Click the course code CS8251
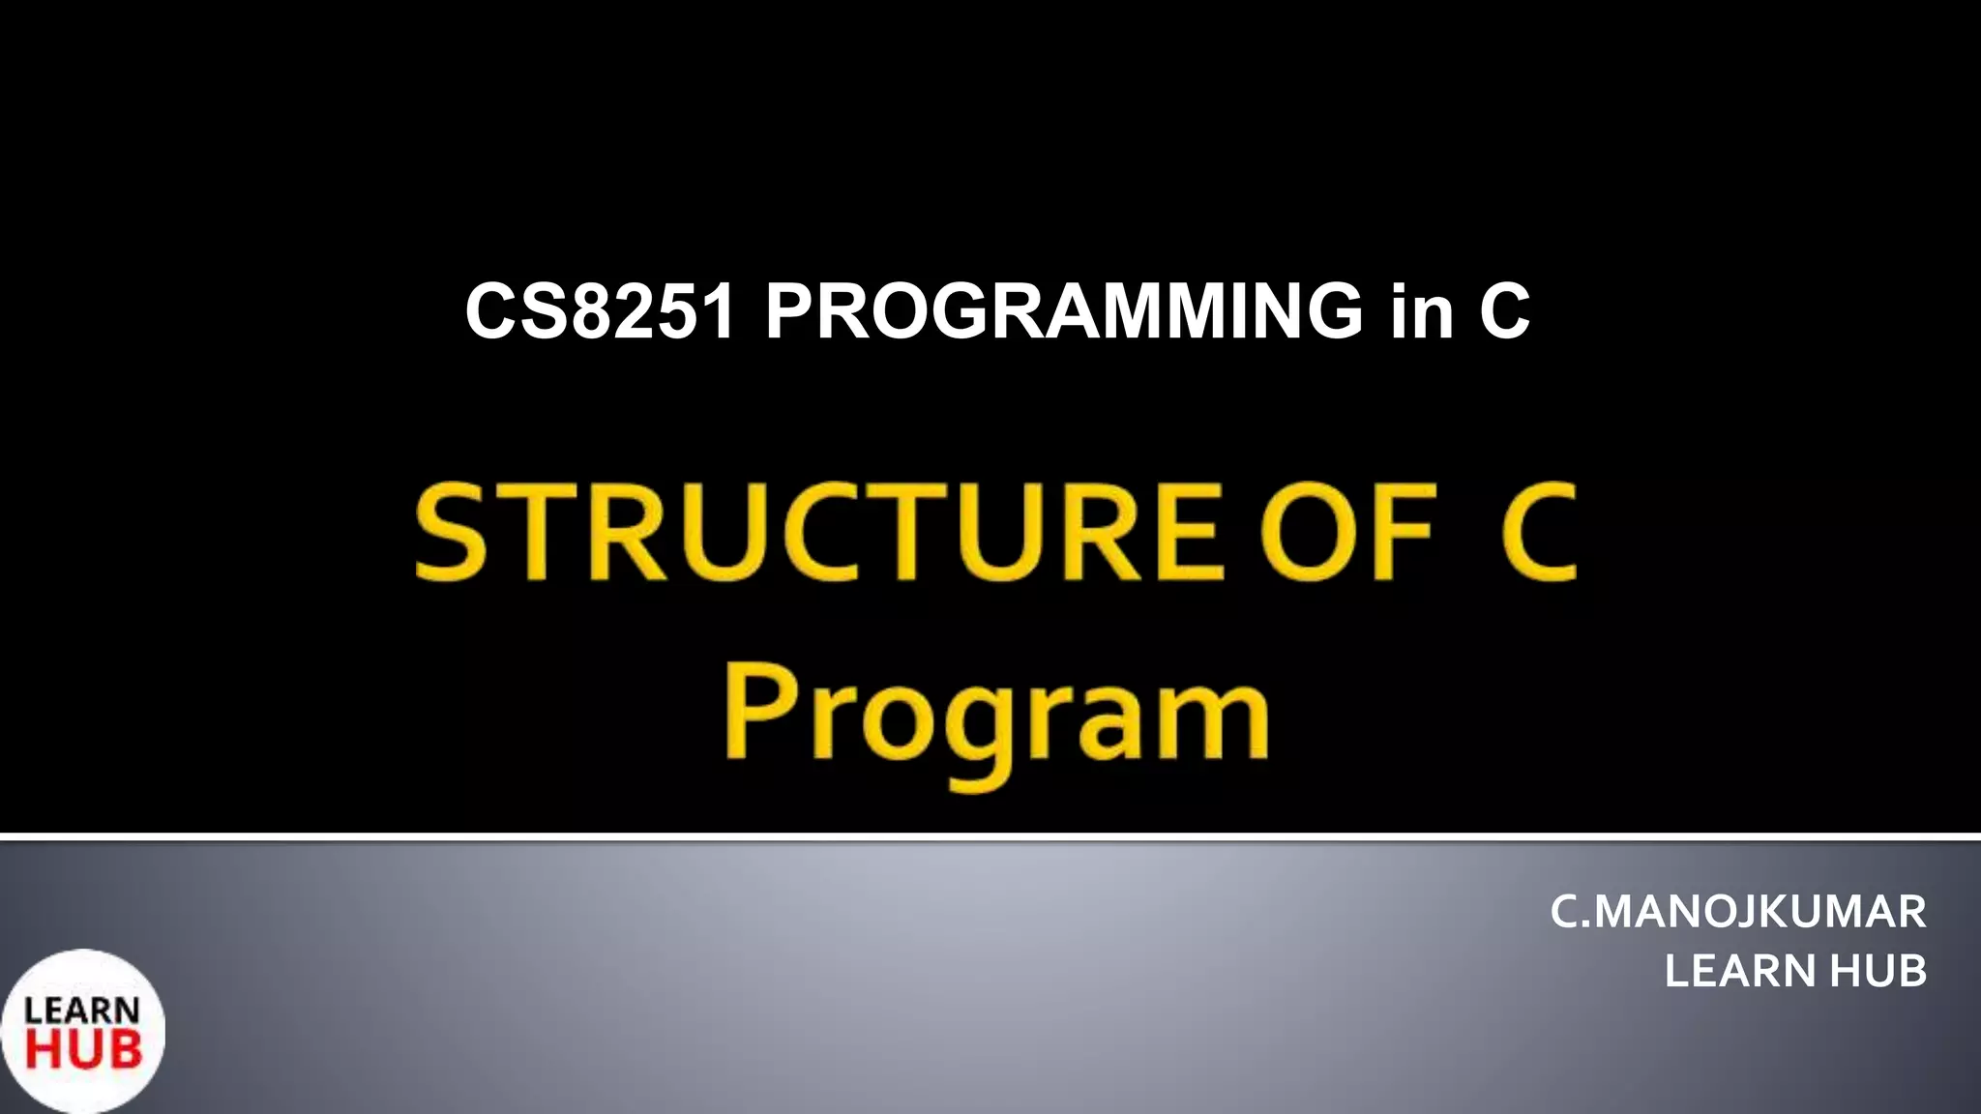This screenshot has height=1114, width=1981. [x=600, y=311]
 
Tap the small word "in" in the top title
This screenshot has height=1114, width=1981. [x=1422, y=311]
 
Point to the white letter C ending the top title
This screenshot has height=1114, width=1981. [x=1504, y=311]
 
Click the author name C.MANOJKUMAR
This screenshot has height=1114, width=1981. [x=1737, y=912]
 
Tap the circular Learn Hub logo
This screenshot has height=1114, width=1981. [x=83, y=1031]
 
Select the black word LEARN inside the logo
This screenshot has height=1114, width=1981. [x=82, y=1011]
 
